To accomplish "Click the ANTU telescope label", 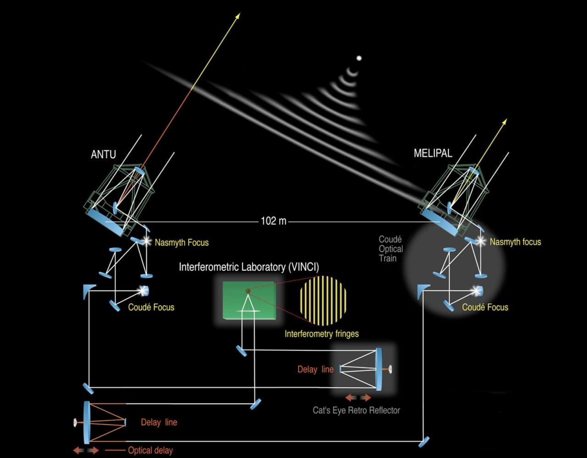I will point(103,155).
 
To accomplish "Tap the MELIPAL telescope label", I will point(432,154).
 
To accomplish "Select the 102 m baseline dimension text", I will point(273,221).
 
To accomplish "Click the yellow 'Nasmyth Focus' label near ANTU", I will point(182,242).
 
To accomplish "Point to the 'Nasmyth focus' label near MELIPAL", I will point(515,242).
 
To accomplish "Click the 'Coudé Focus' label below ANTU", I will point(151,307).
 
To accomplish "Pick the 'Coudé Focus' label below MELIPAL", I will point(485,307).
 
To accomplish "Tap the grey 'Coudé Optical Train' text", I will point(391,249).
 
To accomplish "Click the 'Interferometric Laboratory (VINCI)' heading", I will point(249,267).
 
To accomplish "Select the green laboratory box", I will point(248,301).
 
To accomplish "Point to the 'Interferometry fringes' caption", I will point(321,334).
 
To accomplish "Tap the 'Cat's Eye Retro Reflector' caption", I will point(356,410).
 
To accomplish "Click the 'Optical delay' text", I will point(150,450).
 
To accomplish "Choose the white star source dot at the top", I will point(359,58).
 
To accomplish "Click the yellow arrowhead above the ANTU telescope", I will point(238,16).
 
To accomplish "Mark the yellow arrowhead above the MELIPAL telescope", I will point(505,121).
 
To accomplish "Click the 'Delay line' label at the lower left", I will point(159,422).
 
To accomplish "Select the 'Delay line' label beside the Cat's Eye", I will point(315,369).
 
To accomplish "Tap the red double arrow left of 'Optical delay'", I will point(86,451).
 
